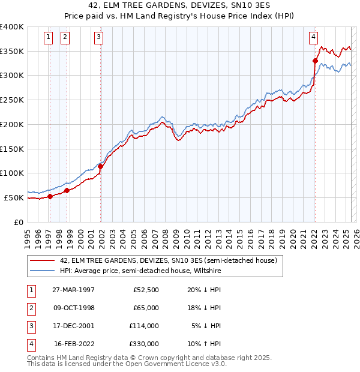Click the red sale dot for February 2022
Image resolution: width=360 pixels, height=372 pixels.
coord(315,60)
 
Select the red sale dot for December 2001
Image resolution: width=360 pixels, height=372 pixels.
coord(101,166)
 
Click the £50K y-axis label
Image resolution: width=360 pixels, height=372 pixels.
coord(14,197)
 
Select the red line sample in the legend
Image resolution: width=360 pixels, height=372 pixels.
coord(41,261)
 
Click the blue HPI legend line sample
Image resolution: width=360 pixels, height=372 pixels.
coord(41,271)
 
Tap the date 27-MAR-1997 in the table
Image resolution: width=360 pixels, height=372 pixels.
coord(74,290)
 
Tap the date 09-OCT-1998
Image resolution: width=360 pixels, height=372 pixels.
coord(74,308)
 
